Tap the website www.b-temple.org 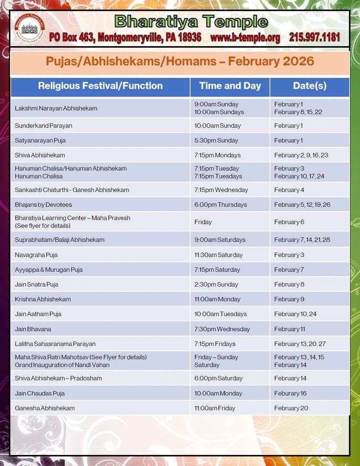point(245,38)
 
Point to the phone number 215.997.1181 point(314,38)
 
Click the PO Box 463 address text point(125,38)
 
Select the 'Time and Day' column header point(230,86)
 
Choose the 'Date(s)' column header point(310,86)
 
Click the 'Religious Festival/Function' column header point(100,86)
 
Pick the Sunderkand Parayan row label point(44,126)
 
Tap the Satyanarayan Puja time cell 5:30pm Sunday point(216,141)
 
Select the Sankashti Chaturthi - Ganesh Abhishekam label point(72,190)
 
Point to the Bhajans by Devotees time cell point(220,205)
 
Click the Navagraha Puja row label point(36,255)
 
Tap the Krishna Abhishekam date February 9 point(289,299)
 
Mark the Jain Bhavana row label point(33,329)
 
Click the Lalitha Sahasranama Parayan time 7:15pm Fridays point(215,344)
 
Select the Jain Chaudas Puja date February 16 point(290,393)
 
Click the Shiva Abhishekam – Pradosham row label point(58,378)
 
